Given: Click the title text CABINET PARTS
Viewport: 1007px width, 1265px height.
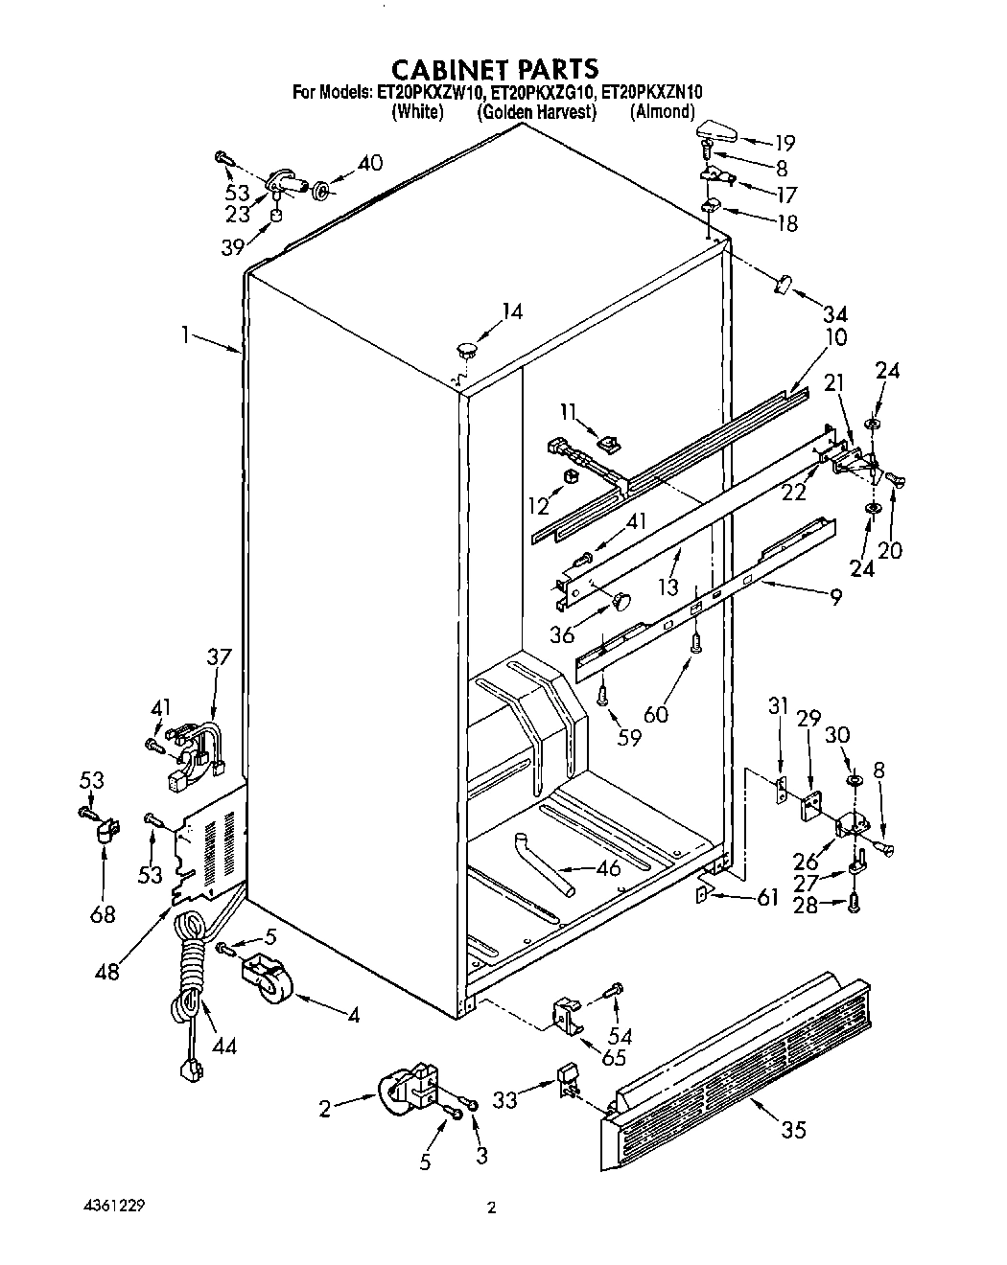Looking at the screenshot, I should point(496,69).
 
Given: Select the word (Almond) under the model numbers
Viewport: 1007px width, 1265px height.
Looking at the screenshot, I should point(662,112).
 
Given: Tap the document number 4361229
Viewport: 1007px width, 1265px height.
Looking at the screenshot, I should point(114,1203).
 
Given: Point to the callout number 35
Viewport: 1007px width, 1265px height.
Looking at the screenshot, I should point(793,1130).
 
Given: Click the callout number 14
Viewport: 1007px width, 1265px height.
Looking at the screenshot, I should point(512,310).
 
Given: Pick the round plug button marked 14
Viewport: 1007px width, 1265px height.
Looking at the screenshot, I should point(467,349).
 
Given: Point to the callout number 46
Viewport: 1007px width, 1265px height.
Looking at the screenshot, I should point(607,869).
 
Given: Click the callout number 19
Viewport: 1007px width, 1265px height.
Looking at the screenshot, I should point(785,145).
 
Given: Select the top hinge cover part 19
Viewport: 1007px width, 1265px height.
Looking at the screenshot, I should point(714,128).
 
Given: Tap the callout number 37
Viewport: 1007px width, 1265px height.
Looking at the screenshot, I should point(219,656).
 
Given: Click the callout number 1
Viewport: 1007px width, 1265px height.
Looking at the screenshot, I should point(183,335).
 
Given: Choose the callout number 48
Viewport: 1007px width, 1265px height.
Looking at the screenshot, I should point(107,970).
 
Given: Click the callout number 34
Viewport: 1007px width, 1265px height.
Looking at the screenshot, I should point(834,313).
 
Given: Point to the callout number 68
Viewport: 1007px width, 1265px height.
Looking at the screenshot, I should point(102,913).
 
